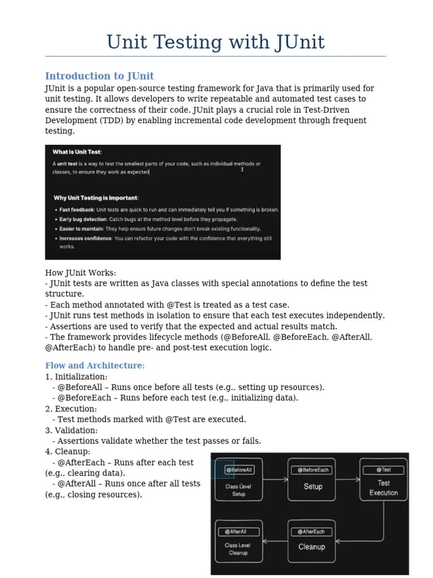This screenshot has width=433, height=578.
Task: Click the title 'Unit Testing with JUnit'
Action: click(x=216, y=42)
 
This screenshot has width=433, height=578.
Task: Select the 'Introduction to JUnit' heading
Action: click(x=99, y=76)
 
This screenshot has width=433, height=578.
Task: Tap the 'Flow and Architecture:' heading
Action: click(x=95, y=366)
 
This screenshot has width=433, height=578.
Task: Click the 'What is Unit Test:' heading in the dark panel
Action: click(x=77, y=152)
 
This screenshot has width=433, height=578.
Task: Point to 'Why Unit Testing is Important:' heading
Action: click(x=96, y=198)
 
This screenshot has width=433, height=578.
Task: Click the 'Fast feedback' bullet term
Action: click(x=77, y=210)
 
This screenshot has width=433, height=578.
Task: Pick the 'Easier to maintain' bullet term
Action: click(x=81, y=229)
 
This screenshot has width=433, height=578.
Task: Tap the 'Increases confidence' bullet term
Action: click(x=86, y=239)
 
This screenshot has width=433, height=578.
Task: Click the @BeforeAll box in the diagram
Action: click(x=239, y=479)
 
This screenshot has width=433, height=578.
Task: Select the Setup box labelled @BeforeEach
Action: click(x=312, y=479)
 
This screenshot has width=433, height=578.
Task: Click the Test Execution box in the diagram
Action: click(x=383, y=479)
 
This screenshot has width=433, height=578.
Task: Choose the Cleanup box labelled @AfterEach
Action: click(x=312, y=541)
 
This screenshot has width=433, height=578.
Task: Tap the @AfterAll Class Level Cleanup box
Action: click(x=238, y=541)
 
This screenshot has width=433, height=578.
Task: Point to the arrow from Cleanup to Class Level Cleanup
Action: click(x=275, y=541)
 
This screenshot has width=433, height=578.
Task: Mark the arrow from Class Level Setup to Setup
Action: click(x=275, y=479)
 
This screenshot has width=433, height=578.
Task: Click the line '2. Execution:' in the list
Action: click(x=71, y=409)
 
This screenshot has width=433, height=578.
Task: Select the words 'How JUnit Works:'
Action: click(x=81, y=273)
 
